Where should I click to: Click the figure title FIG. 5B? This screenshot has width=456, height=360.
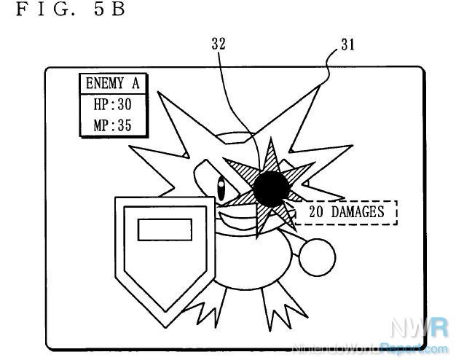71,9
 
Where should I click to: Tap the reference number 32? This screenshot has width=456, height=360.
219,44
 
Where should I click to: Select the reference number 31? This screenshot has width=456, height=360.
347,45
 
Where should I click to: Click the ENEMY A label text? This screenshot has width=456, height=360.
113,83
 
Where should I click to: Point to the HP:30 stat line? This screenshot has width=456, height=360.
113,104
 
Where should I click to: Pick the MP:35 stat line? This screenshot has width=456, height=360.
113,125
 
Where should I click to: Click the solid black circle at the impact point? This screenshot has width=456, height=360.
271,189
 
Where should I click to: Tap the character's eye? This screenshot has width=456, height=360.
221,189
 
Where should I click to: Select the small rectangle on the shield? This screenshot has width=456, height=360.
165,230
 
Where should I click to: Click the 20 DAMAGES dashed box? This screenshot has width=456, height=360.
346,213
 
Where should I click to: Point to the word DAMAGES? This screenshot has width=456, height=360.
358,212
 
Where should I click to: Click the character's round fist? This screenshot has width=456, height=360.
318,257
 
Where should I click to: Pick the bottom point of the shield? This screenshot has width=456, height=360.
165,328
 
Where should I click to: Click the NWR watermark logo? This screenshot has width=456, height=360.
419,328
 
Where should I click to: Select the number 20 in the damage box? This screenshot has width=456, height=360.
316,212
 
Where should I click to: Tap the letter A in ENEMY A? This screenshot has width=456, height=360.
135,83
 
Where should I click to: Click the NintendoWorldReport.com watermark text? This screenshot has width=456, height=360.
369,348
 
